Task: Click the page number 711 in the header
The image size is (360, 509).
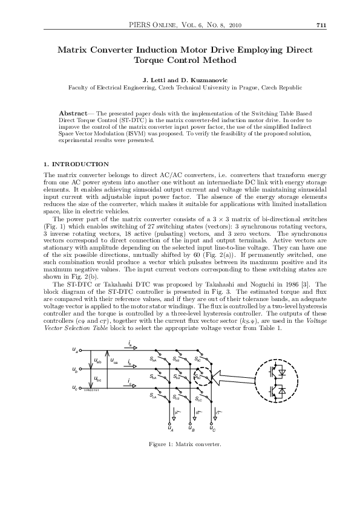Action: coord(321,25)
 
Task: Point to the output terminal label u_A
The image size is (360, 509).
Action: coord(171,429)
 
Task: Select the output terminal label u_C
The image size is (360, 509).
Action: coord(212,429)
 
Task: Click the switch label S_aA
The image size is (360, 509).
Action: coord(154,360)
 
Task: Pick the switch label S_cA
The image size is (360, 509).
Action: coord(154,396)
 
